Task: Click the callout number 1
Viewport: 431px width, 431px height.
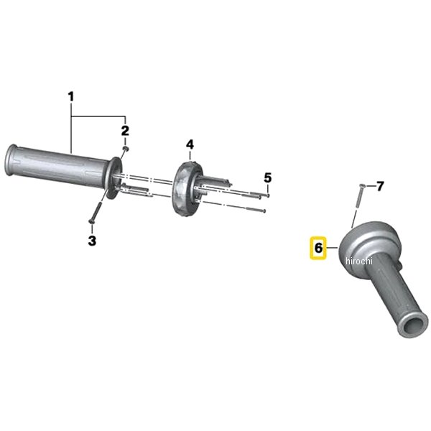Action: (x=71, y=97)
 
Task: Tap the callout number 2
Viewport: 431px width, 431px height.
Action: (x=125, y=131)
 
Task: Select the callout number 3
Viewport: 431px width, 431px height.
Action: (x=92, y=241)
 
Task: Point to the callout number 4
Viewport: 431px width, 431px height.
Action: (x=190, y=144)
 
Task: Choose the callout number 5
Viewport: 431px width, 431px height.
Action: (x=268, y=178)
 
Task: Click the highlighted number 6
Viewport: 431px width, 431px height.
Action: (x=318, y=249)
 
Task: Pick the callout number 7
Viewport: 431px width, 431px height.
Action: (x=379, y=186)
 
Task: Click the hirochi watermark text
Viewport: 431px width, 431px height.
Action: (x=359, y=260)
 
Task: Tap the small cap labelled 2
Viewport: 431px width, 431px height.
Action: (x=126, y=149)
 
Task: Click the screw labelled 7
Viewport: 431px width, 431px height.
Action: (x=359, y=195)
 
